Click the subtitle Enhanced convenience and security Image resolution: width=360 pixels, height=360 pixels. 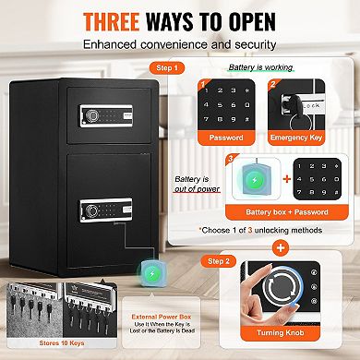(x=179, y=43)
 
